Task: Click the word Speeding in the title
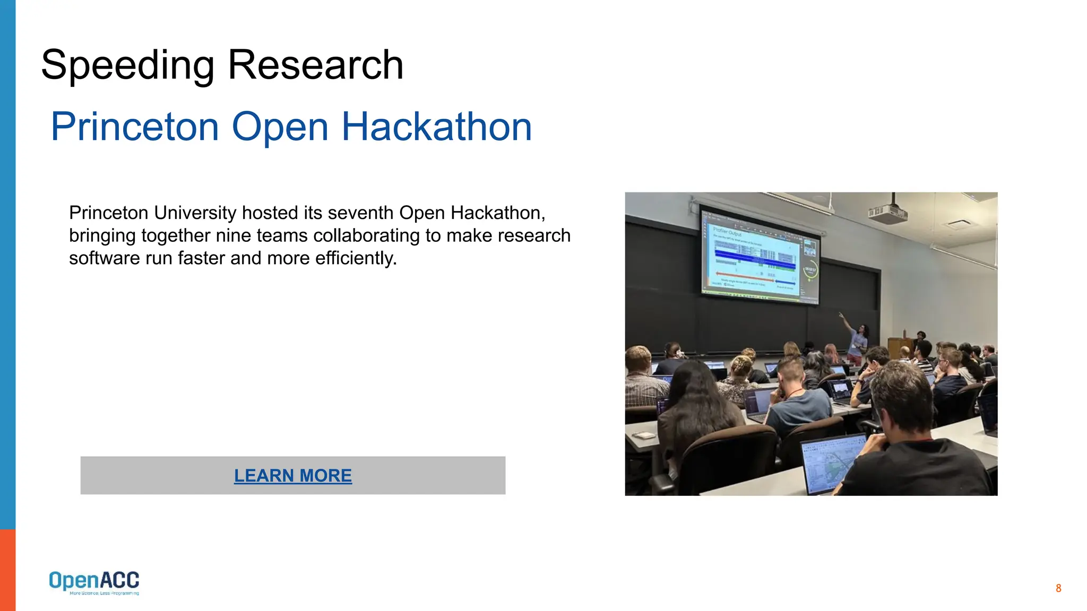pos(127,66)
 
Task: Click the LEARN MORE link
pos(293,476)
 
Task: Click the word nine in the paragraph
pos(234,235)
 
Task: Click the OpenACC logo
pos(94,582)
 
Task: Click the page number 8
pos(1058,588)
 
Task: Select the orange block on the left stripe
pos(7,570)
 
